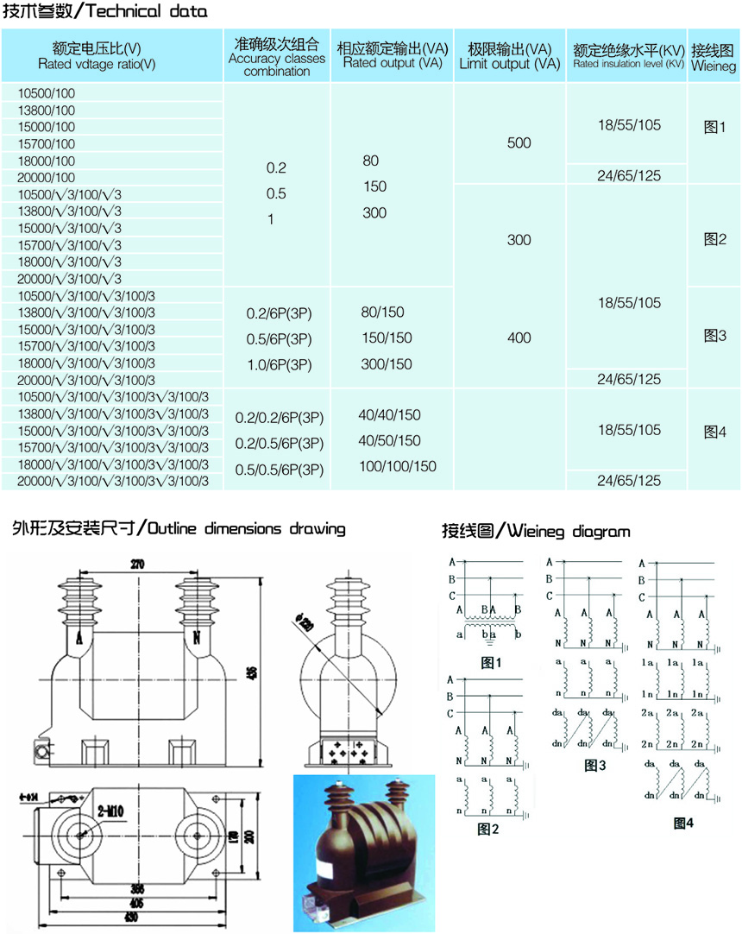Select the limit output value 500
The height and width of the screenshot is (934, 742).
coord(519,142)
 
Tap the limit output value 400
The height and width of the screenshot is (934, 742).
coord(519,338)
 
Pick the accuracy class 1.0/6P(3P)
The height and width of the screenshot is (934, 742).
coord(278,364)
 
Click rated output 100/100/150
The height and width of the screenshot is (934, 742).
coord(398,466)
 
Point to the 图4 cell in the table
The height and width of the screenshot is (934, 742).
coord(715,431)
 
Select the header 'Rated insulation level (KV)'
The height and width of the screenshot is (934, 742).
coord(628,64)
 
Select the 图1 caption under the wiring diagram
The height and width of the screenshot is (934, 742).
coord(492,663)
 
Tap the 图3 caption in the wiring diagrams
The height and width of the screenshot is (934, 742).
coord(595,765)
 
